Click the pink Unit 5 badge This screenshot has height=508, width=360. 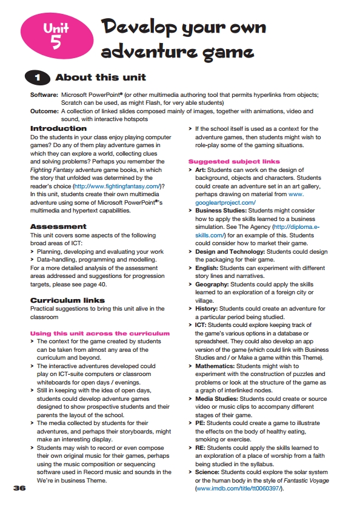[x=56, y=34]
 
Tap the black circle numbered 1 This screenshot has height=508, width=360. [x=38, y=78]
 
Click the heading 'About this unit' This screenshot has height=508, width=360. [x=100, y=78]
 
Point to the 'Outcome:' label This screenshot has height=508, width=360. [x=44, y=111]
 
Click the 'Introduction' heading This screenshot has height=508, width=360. [x=58, y=129]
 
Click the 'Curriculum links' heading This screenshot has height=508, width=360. [x=67, y=300]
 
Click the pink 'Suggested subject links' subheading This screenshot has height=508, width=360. [x=234, y=162]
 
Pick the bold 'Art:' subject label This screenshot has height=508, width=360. [x=202, y=171]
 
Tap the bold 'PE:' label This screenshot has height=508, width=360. [x=201, y=422]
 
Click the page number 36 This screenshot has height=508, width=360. [x=19, y=487]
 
